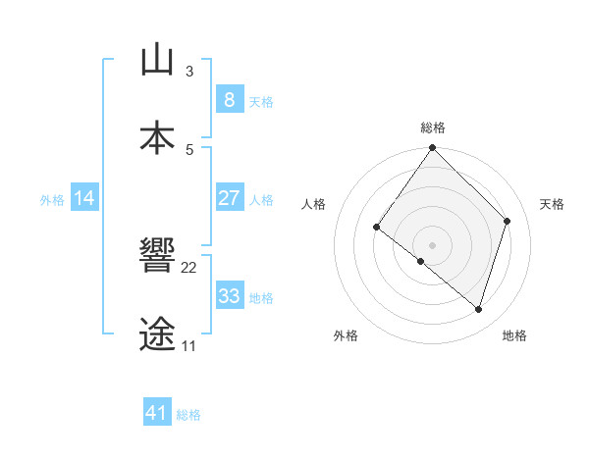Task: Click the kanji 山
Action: tap(157, 60)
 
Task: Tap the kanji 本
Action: tap(157, 138)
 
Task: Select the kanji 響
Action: tap(157, 256)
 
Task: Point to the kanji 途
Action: tap(157, 334)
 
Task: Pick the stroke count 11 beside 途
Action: tap(188, 346)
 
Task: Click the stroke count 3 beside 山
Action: tap(189, 72)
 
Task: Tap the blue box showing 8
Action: tap(229, 99)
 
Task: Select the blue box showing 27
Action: tap(229, 198)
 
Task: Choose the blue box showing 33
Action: tap(229, 296)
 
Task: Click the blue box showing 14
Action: tap(84, 198)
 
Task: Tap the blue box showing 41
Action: tap(157, 413)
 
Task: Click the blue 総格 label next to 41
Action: tap(188, 415)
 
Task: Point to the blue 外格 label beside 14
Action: tap(52, 200)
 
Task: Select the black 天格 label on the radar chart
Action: tap(552, 204)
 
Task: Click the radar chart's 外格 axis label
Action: tap(346, 335)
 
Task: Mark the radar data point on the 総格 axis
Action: tap(432, 148)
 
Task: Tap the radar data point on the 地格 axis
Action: tap(478, 309)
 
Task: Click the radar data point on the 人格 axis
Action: tap(377, 227)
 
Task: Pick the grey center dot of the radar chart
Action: tap(432, 244)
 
